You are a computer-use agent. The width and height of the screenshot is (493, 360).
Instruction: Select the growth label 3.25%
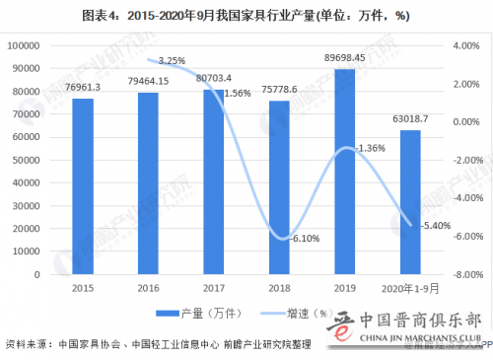click(172, 60)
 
